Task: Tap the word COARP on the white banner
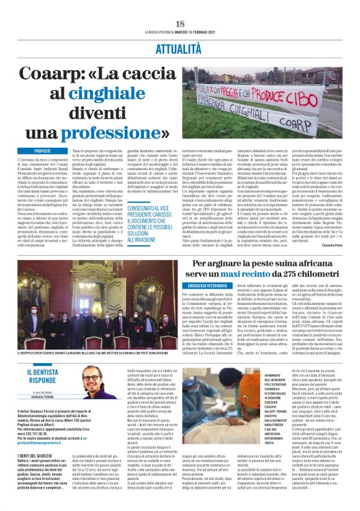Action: pyautogui.click(x=321, y=114)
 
